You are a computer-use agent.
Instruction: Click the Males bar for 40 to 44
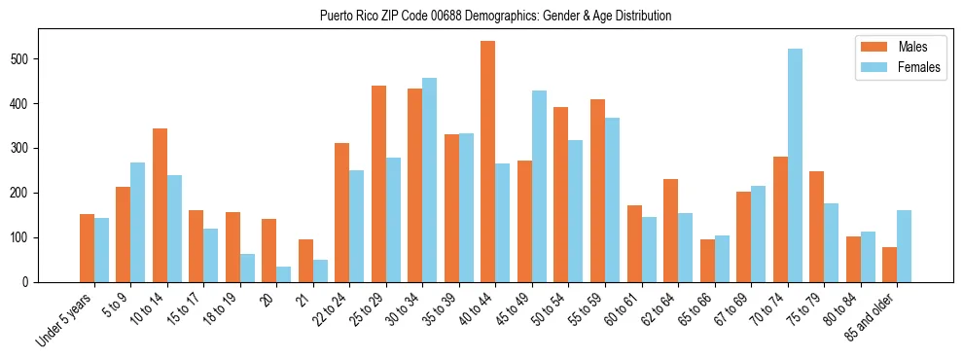tap(488, 162)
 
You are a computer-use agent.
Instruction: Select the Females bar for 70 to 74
tap(795, 165)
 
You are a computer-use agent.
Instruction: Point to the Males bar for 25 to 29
tap(378, 184)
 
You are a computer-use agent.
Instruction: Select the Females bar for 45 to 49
tap(539, 186)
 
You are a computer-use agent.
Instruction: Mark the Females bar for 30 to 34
tap(429, 180)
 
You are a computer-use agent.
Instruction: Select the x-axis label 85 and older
tap(868, 317)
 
